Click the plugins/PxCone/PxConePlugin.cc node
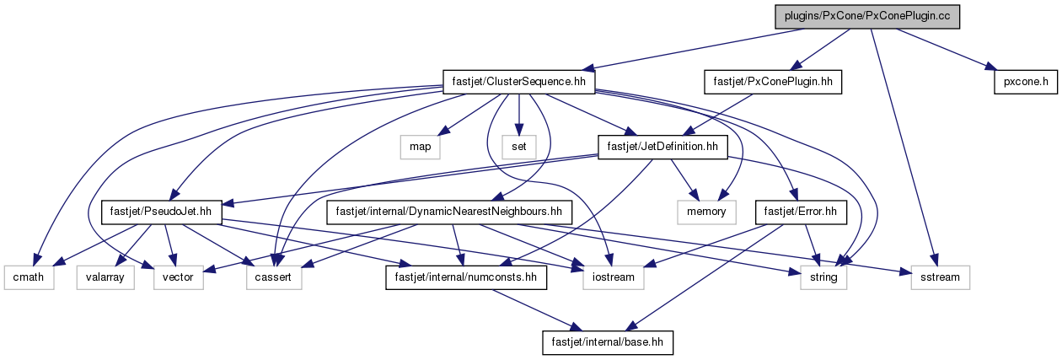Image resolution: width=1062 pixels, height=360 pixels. tap(867, 17)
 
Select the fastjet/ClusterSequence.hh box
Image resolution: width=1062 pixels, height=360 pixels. tap(518, 82)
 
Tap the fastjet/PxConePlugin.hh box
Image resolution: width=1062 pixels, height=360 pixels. tap(773, 82)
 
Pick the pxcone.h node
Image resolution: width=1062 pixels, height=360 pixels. tap(1026, 82)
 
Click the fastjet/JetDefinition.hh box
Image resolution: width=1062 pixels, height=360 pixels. tap(662, 147)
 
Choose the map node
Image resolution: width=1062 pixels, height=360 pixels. tap(420, 147)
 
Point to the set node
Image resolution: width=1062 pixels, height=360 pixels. tap(519, 147)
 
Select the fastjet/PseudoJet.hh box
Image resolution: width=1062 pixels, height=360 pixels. tap(161, 212)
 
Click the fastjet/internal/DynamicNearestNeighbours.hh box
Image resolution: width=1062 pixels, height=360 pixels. tap(449, 212)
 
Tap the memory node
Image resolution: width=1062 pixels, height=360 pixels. tap(706, 212)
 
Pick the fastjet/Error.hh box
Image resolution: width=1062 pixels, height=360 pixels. tap(801, 212)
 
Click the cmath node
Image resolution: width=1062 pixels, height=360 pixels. tap(29, 277)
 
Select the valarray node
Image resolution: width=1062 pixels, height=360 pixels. tap(105, 277)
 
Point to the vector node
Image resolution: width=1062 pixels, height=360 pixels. tap(179, 277)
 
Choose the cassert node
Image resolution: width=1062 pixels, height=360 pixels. tap(274, 277)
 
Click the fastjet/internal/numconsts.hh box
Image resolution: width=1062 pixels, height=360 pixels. tap(466, 277)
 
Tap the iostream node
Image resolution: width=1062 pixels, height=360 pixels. tap(614, 277)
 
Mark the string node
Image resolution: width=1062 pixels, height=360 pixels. tap(823, 277)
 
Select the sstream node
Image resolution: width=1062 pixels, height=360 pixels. tap(940, 277)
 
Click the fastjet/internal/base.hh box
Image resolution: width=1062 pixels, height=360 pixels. tap(608, 342)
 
